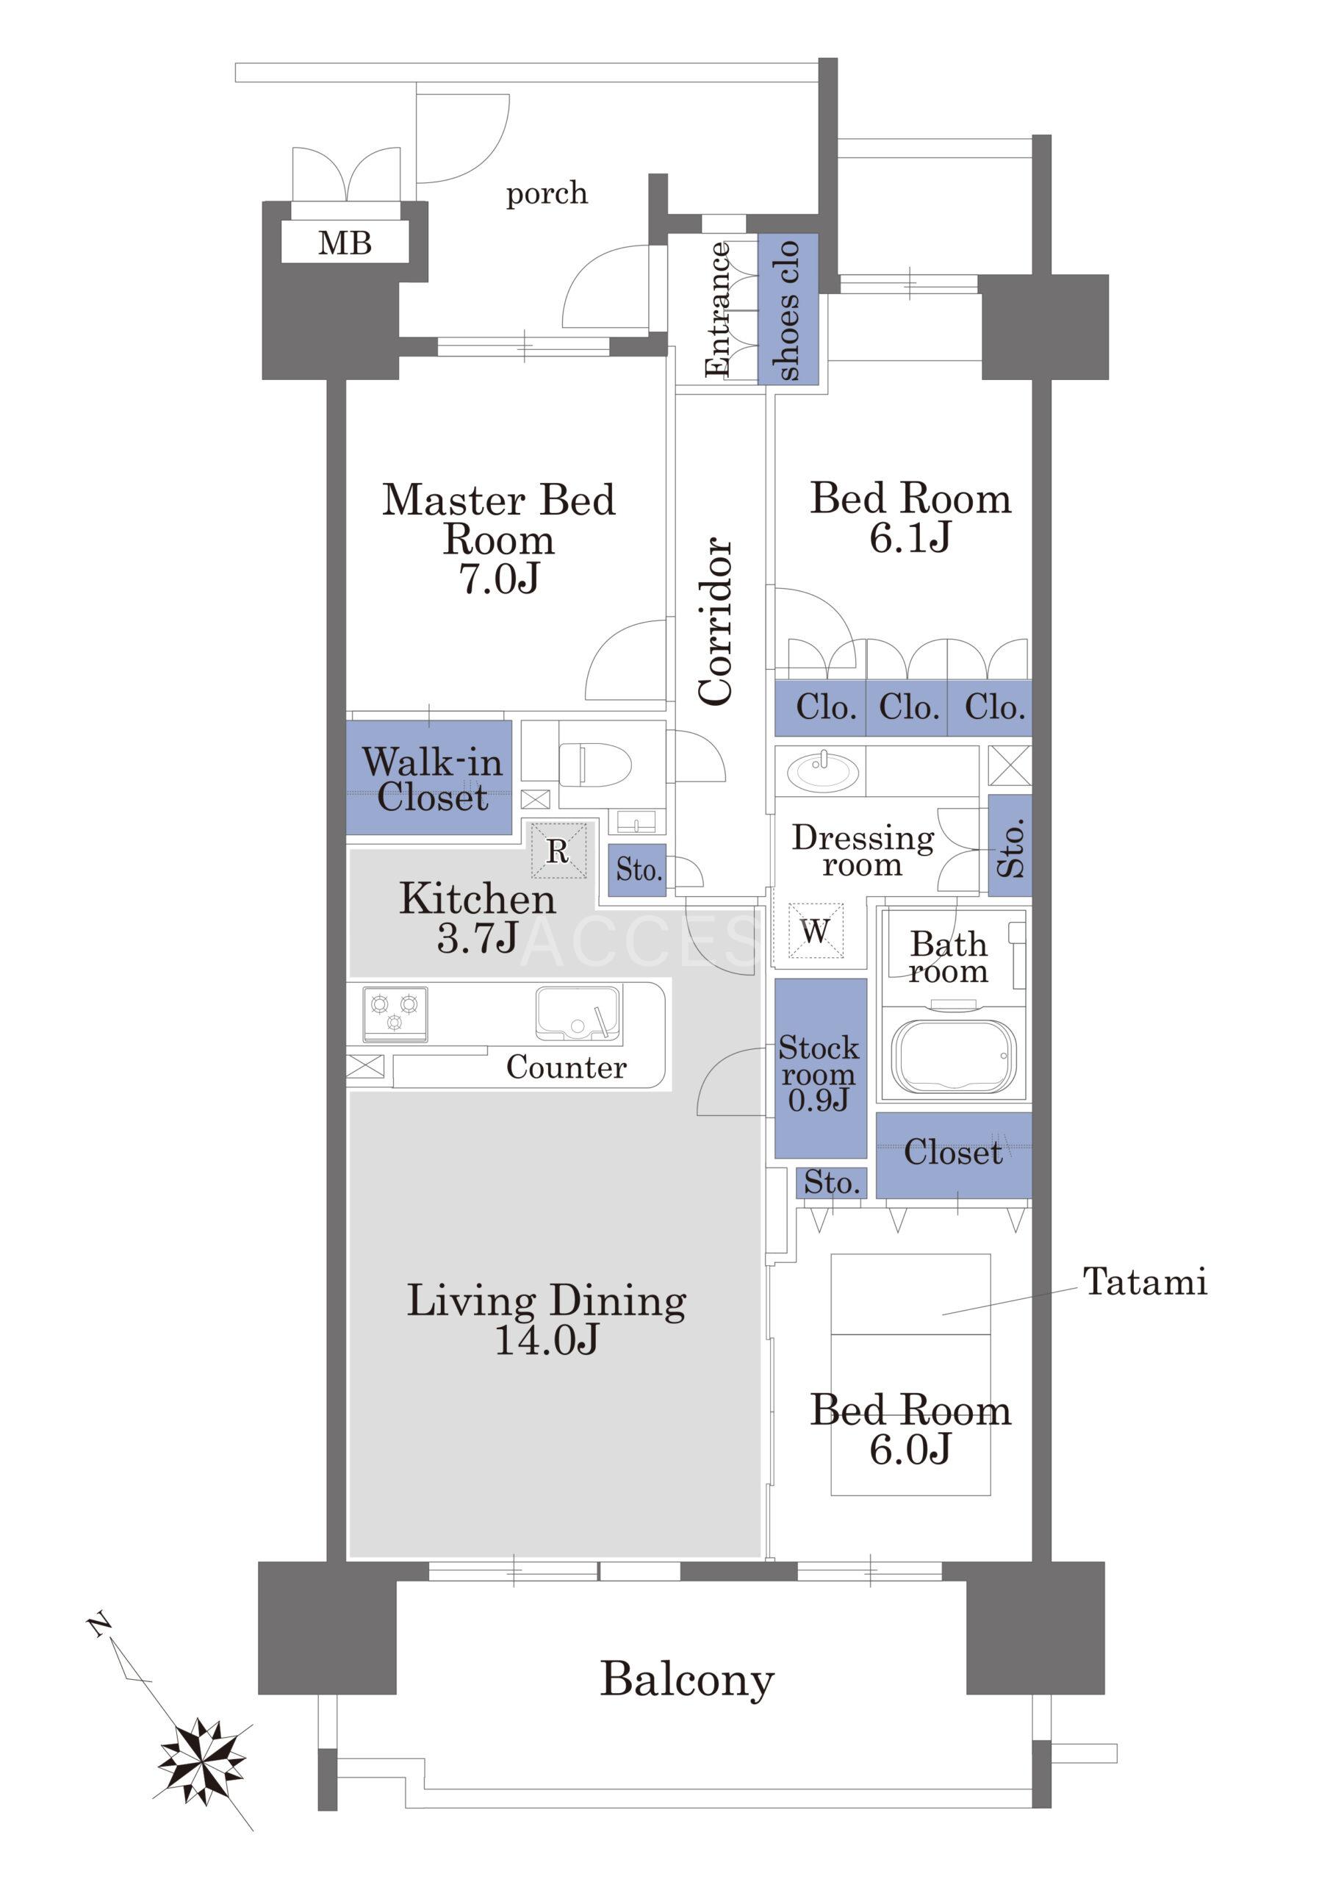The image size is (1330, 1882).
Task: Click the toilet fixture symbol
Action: point(595,764)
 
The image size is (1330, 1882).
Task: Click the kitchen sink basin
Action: point(578,1014)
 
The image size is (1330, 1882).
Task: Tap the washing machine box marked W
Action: point(816,931)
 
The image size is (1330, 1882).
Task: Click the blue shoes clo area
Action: point(788,309)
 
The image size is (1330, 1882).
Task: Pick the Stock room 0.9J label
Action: point(819,1073)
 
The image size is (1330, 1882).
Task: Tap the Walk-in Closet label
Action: point(432,779)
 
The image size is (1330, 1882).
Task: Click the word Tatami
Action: point(1145,1281)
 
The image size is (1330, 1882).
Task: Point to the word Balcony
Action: point(687,1681)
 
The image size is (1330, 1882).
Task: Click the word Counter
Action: point(567,1067)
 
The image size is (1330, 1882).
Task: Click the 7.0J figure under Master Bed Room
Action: point(499,578)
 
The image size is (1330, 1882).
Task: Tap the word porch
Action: point(547,194)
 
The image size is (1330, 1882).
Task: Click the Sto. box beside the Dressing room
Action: point(1010,846)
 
